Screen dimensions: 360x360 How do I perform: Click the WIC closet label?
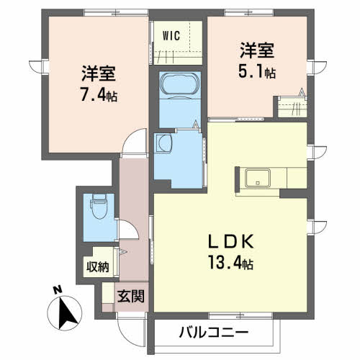click(x=171, y=35)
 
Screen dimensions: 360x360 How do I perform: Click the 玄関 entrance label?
click(x=131, y=294)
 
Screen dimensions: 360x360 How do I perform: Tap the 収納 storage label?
click(x=99, y=267)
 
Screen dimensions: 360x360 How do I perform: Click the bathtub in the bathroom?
click(x=176, y=86)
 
